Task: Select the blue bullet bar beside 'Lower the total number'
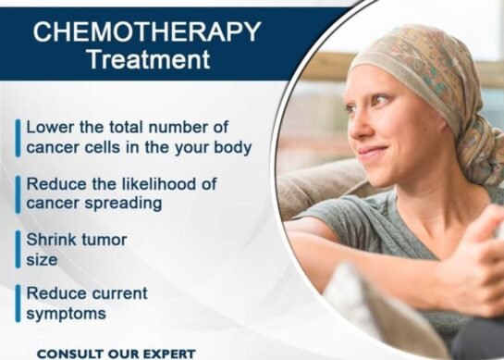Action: point(17,137)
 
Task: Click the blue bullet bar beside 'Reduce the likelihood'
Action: point(17,192)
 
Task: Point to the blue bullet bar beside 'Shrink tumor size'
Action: point(17,249)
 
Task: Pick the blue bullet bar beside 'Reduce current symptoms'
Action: point(17,303)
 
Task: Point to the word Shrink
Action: point(51,240)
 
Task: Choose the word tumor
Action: point(104,240)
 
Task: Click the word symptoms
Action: point(66,314)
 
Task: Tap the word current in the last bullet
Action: point(118,293)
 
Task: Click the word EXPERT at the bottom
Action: point(167,354)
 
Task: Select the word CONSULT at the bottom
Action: point(67,354)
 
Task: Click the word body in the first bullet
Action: point(231,147)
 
